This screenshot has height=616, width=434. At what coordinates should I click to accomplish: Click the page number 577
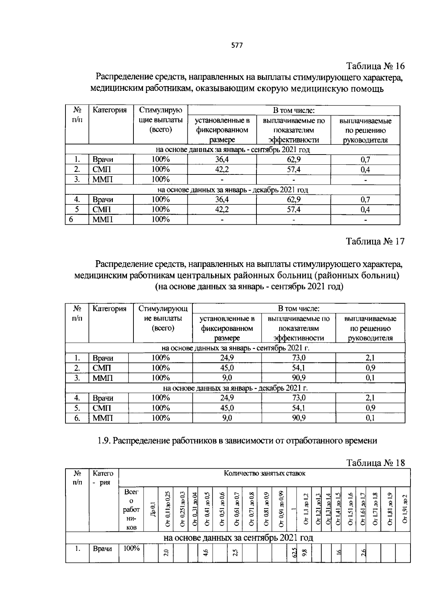coord(237,46)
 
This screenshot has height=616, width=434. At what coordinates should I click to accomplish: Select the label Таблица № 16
coord(375,66)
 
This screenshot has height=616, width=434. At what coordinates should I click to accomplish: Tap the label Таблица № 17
coord(375,241)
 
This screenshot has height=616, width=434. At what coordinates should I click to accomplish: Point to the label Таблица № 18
coord(375,463)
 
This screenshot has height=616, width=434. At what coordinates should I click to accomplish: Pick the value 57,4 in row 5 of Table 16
coord(293,209)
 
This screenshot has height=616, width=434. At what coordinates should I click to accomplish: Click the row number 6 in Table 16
coord(71,219)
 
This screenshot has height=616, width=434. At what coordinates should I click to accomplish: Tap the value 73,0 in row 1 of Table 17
coord(298,358)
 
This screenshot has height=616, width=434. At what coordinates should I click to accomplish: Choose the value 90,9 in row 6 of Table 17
coord(298,418)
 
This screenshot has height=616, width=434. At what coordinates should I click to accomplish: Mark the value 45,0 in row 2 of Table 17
coord(227,368)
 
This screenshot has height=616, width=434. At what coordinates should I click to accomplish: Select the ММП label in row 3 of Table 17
coord(103,378)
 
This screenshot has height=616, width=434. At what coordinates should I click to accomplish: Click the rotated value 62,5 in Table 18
coord(294,552)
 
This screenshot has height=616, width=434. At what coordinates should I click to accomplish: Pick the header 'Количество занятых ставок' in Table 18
coord(264,473)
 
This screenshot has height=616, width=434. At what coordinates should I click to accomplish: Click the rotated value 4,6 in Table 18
coord(205,552)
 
